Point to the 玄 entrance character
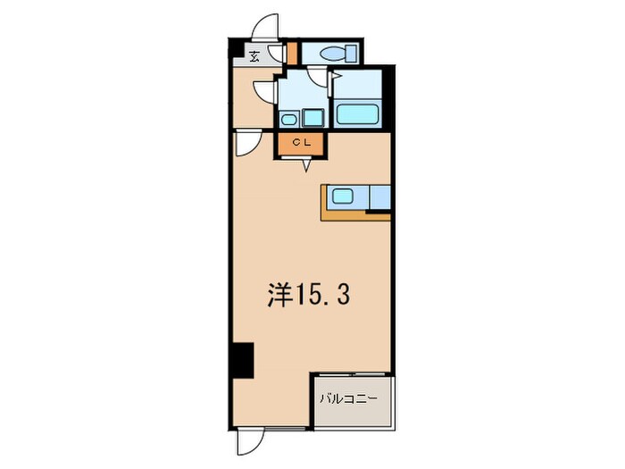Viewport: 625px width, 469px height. click(254, 57)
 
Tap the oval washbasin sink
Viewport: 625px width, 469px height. click(288, 118)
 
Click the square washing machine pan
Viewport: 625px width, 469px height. click(312, 117)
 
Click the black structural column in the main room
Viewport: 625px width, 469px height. click(242, 360)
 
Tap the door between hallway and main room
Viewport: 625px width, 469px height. click(247, 144)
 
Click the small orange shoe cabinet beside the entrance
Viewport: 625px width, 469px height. click(291, 53)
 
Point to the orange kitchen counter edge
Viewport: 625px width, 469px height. click(344, 214)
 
